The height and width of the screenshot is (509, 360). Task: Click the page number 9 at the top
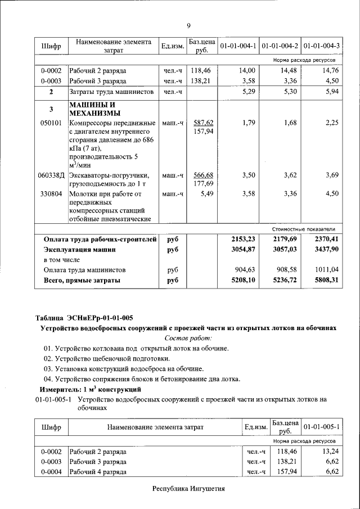click(x=188, y=25)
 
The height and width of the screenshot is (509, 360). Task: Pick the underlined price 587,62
click(x=203, y=122)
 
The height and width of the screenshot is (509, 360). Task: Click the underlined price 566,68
click(x=203, y=175)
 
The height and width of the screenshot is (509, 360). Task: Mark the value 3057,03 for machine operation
click(x=284, y=249)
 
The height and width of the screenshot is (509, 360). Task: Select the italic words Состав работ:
click(x=188, y=338)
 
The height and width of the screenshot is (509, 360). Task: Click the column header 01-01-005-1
click(x=322, y=427)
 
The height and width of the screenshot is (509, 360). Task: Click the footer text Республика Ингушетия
click(x=188, y=489)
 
